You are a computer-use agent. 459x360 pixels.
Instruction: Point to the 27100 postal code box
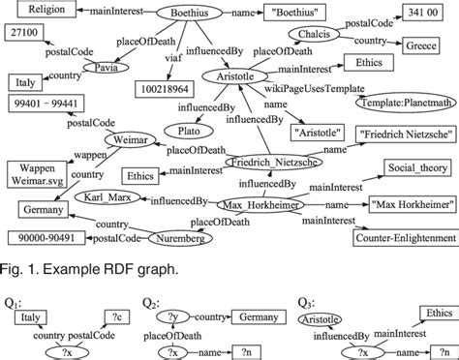(23, 36)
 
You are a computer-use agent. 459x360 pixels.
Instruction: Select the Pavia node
(106, 69)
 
